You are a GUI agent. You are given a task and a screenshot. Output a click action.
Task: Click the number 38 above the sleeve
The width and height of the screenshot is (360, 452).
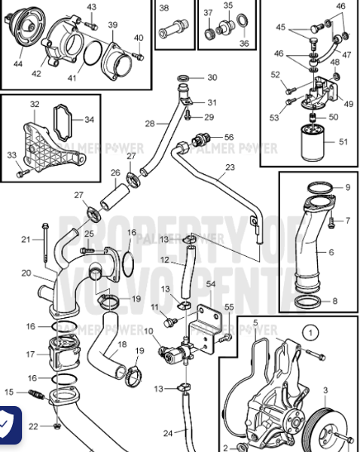(x=164, y=8)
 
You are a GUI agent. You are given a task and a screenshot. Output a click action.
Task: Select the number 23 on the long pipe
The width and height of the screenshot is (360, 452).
(x=230, y=167)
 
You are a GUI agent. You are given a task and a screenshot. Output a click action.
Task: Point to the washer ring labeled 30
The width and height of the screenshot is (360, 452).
(x=184, y=78)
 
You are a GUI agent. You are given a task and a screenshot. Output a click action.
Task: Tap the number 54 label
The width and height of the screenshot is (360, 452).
(x=211, y=283)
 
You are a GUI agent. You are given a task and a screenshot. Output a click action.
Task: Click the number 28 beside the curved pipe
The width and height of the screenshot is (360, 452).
(x=150, y=122)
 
